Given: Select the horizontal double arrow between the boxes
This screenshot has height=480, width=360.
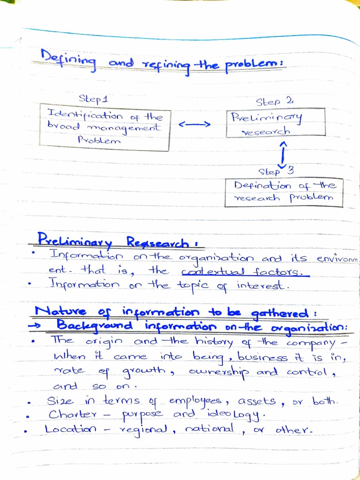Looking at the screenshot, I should coord(194,124).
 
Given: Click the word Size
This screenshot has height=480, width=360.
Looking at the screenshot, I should coord(60,401).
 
